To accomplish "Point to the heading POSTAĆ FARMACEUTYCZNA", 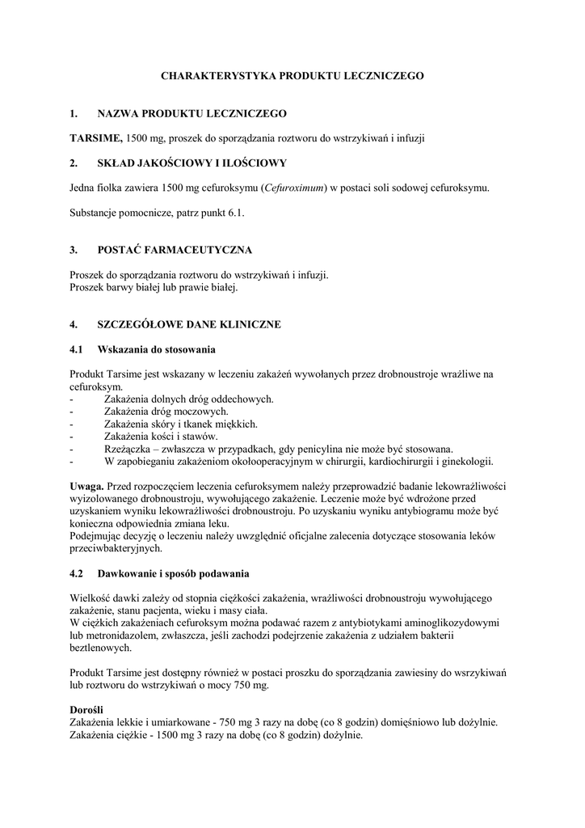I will [x=175, y=250].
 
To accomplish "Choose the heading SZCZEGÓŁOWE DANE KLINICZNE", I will [x=188, y=324].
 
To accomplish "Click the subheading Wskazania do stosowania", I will [x=155, y=349].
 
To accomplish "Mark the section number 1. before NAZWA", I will [x=74, y=113].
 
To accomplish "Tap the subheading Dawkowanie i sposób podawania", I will [x=173, y=575].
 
